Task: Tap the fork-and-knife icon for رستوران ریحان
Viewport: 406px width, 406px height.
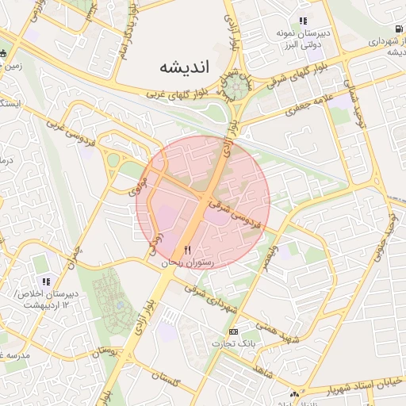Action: click(188, 251)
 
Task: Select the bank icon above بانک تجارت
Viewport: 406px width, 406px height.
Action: click(233, 331)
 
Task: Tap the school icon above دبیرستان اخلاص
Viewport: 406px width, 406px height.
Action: click(45, 282)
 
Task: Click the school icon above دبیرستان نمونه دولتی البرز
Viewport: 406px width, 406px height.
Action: click(302, 21)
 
